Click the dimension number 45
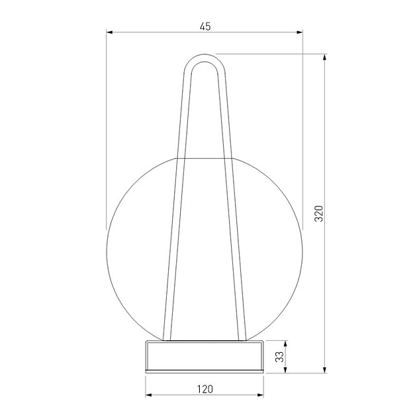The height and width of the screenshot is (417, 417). click(205, 26)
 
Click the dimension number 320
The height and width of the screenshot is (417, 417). click(318, 213)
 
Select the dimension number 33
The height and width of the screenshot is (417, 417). click(279, 357)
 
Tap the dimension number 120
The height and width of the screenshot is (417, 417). click(205, 389)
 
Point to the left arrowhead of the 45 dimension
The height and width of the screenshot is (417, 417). click(110, 32)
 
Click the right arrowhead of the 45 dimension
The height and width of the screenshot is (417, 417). click(299, 32)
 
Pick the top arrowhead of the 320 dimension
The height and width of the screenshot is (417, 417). click(324, 58)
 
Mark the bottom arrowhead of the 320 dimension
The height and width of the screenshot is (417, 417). click(324, 369)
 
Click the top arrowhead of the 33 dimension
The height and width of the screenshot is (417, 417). click(286, 344)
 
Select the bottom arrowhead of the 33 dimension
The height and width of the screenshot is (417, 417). click(286, 369)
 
